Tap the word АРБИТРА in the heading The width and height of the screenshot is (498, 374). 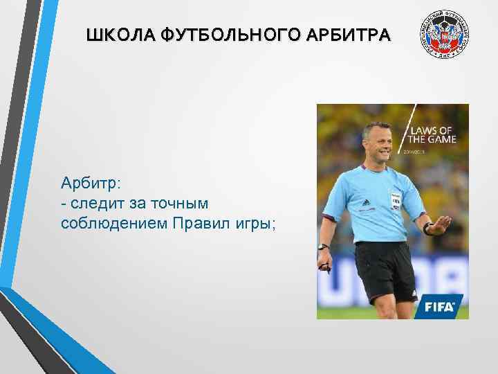[x=353, y=34]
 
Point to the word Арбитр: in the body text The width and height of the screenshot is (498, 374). [x=90, y=183]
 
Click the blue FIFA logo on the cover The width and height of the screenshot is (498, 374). [x=439, y=305]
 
